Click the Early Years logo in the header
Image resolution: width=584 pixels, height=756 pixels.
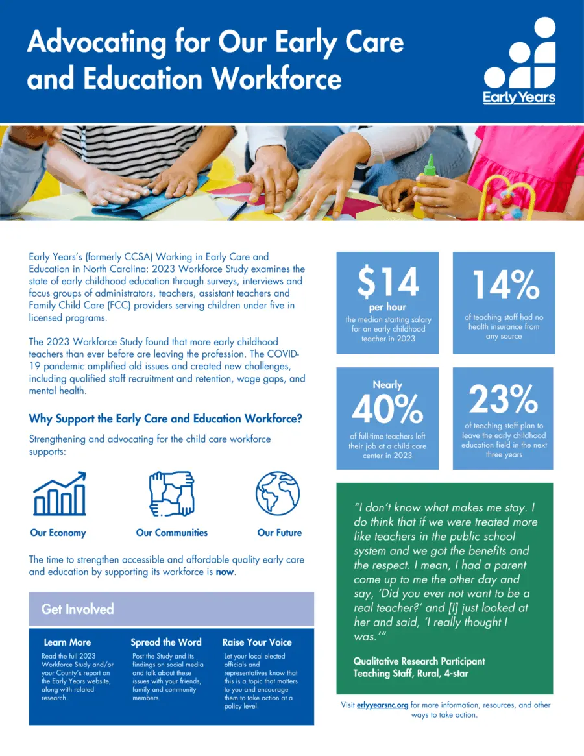coord(519,62)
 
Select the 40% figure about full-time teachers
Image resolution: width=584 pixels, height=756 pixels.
coord(387,409)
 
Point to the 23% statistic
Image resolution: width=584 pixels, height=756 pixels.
coord(503,400)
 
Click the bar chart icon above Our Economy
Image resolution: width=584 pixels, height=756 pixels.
coord(59,494)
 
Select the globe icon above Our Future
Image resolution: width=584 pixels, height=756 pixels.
coord(278,494)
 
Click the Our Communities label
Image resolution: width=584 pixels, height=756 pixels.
coord(172,533)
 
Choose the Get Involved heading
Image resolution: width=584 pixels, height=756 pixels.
coord(78,609)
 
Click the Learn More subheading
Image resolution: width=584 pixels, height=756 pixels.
coord(67,642)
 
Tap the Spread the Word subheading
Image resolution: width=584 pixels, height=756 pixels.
coord(166,642)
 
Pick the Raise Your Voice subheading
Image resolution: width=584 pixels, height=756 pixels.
coord(257,642)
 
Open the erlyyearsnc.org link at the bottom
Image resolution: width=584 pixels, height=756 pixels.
coord(382,705)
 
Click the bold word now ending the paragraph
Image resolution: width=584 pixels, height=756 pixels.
coord(225,572)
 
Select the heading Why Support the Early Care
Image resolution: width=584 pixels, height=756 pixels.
coord(165,419)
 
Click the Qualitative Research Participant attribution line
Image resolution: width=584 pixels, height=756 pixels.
coord(419,661)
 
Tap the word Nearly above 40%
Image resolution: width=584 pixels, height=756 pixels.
coord(387,385)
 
